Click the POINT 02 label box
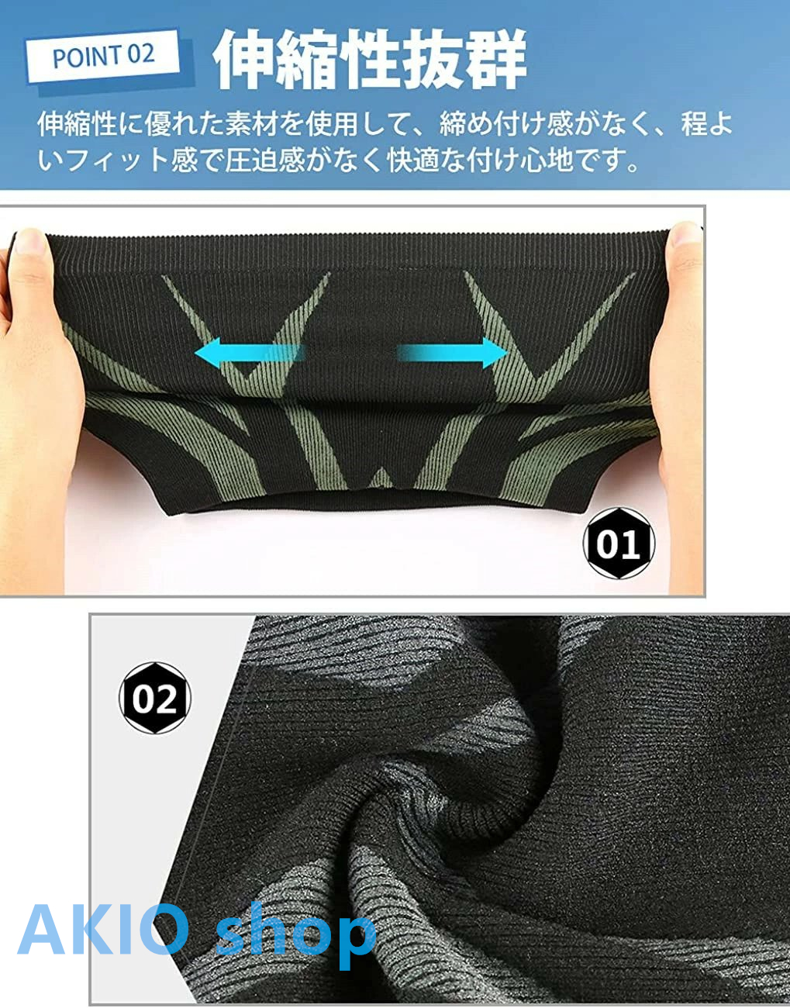point(103,56)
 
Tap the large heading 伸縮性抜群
point(370,60)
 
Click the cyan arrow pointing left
point(250,353)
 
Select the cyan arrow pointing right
point(452,353)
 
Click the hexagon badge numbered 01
point(619,544)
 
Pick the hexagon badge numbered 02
point(154,698)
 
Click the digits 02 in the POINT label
point(140,54)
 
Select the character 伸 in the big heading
point(244,60)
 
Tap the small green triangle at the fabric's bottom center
point(381,478)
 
